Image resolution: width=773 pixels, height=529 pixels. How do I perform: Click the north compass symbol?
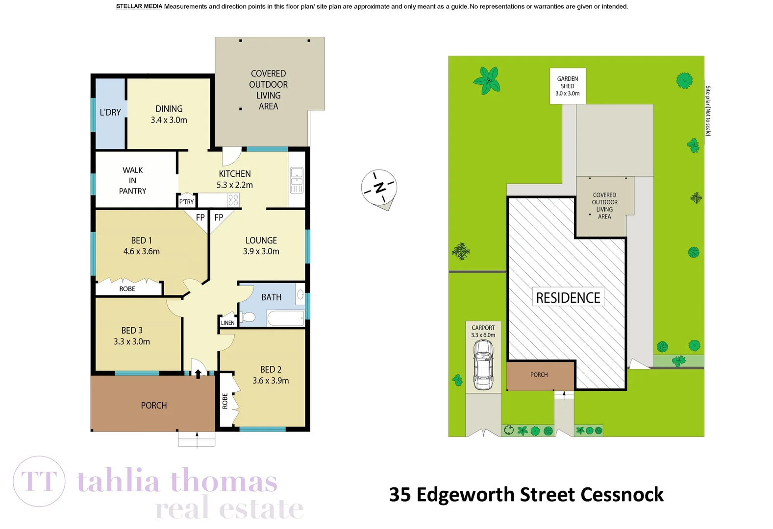[379, 188]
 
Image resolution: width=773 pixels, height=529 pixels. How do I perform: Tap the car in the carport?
[483, 365]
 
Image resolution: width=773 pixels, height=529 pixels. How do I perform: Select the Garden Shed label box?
[568, 86]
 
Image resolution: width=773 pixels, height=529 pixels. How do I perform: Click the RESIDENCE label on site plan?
[568, 297]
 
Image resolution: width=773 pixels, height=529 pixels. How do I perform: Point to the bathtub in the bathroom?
[286, 319]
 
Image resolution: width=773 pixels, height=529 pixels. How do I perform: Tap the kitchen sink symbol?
[297, 180]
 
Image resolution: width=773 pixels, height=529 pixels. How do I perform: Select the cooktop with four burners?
[233, 200]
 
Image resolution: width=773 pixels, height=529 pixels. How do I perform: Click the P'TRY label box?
[186, 201]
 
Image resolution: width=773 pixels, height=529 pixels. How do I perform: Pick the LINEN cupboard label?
[227, 323]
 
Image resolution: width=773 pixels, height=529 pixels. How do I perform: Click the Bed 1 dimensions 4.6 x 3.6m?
[142, 251]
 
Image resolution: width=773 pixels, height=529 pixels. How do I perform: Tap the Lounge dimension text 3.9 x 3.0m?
[261, 251]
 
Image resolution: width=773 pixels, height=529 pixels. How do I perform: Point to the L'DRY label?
[110, 112]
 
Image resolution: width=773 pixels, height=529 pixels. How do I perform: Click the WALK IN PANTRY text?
[133, 180]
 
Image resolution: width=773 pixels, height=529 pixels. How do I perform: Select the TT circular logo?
[39, 481]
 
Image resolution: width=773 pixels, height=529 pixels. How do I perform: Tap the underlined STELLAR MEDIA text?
[139, 6]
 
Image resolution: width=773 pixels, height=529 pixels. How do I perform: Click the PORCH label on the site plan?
[539, 375]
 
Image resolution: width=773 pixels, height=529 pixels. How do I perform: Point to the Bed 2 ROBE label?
[225, 401]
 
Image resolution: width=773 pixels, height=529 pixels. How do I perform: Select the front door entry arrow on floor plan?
[198, 374]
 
